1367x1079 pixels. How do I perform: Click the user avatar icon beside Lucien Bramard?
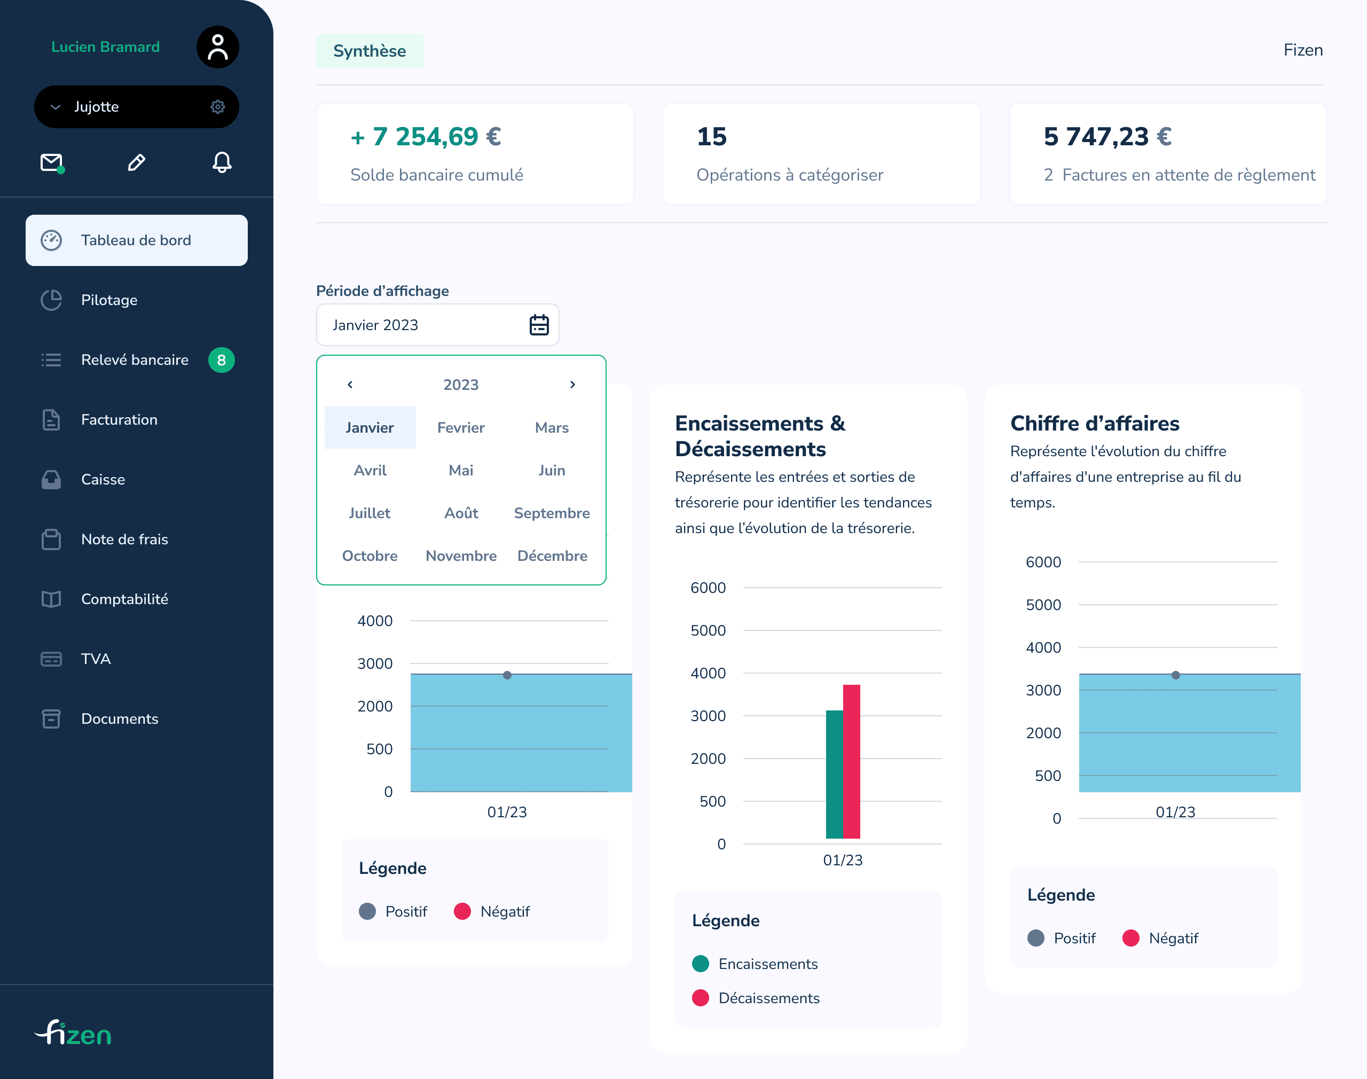pos(217,48)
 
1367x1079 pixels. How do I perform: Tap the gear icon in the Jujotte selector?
pos(218,107)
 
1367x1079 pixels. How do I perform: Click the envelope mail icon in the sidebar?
pos(52,162)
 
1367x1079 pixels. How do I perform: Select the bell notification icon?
pos(222,162)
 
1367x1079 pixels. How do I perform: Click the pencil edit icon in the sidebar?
pos(136,162)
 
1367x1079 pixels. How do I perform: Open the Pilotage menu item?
pos(109,300)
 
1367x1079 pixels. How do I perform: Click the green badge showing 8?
pos(221,360)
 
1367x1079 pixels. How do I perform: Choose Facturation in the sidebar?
pos(119,419)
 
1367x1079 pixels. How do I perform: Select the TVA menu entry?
pos(96,659)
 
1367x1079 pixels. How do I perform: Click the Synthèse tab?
pos(370,51)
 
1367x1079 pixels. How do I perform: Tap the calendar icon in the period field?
pos(539,325)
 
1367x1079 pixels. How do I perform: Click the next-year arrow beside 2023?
pos(572,385)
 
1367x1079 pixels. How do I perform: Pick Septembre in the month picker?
pos(551,513)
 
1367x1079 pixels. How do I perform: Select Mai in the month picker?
pos(461,471)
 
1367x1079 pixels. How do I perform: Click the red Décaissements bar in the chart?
pos(851,761)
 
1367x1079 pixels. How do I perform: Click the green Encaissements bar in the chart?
pos(834,774)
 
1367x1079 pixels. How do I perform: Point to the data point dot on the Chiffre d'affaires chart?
pos(1175,675)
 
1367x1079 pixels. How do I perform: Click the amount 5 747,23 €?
pos(1107,136)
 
